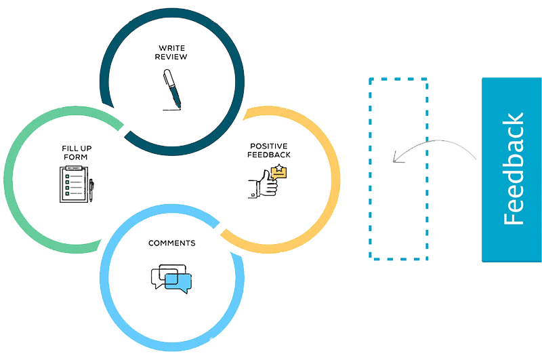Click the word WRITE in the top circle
click(172, 48)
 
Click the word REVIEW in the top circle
click(172, 57)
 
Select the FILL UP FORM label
click(73, 153)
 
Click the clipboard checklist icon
click(72, 185)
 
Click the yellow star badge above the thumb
click(278, 172)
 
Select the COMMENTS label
click(171, 243)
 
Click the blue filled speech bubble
click(178, 282)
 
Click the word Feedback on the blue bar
click(513, 169)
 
